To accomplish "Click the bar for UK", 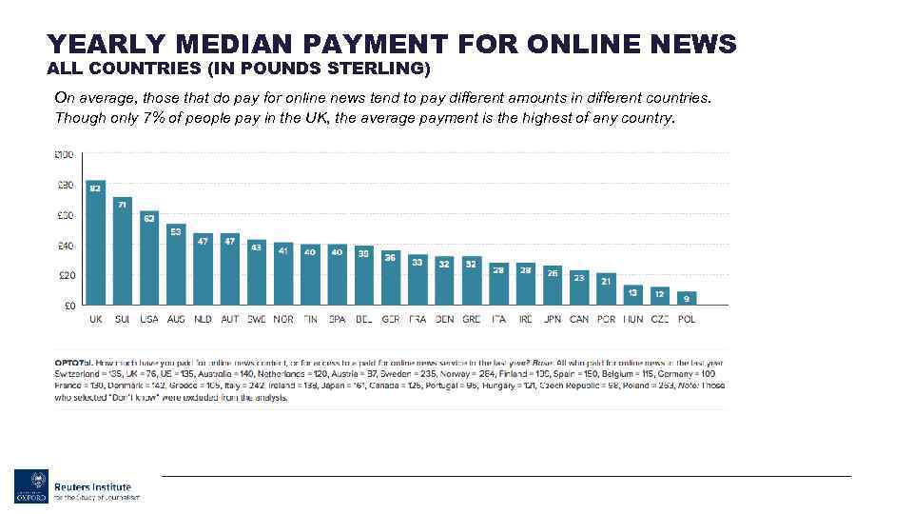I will (x=95, y=243).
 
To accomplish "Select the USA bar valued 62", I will (x=149, y=258).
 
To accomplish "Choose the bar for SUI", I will (x=123, y=251).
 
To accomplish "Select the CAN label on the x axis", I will (x=579, y=320).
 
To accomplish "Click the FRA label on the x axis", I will (x=418, y=320).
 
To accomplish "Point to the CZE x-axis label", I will (x=660, y=320).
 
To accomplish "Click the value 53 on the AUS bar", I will (x=176, y=229).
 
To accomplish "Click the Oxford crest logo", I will (x=30, y=486).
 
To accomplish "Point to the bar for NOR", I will (x=283, y=275).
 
